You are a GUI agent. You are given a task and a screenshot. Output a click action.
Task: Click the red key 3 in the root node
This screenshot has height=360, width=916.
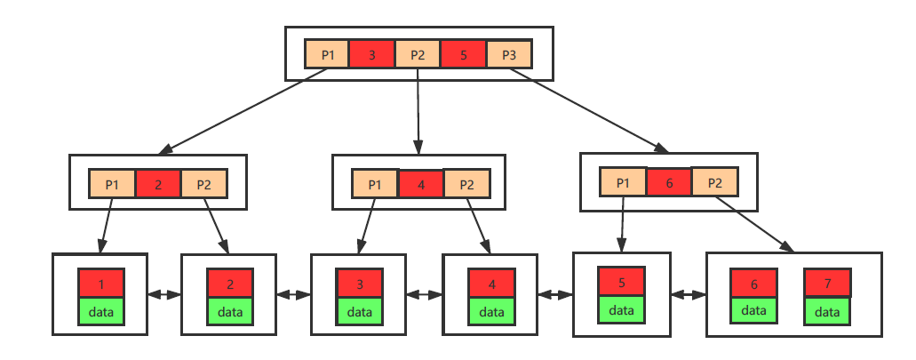[x=371, y=54]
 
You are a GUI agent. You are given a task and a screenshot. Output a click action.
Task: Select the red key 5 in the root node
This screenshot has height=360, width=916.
[x=463, y=54]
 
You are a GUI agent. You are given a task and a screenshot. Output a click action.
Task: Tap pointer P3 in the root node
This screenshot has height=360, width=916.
[x=508, y=54]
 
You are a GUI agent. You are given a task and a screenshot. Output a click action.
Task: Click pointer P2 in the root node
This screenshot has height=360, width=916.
[x=418, y=54]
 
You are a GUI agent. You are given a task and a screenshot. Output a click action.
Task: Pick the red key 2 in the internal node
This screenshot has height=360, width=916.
[x=158, y=184]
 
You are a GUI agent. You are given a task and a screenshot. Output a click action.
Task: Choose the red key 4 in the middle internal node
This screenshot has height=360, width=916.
[x=421, y=184]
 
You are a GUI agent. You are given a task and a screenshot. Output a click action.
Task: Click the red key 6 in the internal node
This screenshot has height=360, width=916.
[x=669, y=181]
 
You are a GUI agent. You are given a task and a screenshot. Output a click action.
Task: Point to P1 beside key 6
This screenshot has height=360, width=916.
[x=623, y=181]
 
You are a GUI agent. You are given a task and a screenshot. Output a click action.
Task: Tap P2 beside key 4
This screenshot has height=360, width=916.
[x=466, y=184]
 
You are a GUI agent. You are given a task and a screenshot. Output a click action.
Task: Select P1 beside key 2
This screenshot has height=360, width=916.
[x=112, y=184]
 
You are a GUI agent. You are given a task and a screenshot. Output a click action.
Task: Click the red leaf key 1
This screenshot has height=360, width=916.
[x=101, y=284]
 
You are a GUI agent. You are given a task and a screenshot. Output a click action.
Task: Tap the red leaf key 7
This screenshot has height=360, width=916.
[x=827, y=283]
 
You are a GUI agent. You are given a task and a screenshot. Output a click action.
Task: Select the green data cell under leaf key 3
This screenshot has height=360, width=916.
[x=360, y=311]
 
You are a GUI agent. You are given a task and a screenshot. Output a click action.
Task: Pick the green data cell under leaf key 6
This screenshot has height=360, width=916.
[x=753, y=309]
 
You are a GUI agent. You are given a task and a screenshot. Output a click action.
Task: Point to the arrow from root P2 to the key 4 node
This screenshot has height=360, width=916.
[x=418, y=111]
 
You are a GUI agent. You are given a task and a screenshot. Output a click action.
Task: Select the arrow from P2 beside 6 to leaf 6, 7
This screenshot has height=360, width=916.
[x=751, y=225]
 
